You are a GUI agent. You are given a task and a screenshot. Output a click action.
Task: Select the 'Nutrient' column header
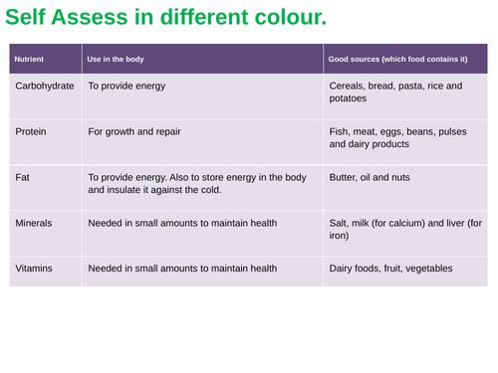pyautogui.click(x=28, y=60)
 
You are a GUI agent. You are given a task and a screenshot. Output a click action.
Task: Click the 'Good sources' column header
pyautogui.click(x=397, y=60)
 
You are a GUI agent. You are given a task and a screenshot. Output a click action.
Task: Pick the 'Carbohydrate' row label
pyautogui.click(x=45, y=87)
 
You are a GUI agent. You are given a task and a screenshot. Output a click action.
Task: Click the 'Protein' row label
pyautogui.click(x=32, y=131)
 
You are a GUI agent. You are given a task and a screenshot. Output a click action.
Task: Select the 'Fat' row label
pyautogui.click(x=22, y=177)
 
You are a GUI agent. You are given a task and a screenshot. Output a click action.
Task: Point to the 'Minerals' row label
pyautogui.click(x=34, y=223)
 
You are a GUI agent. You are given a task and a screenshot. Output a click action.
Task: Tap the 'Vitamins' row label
pyautogui.click(x=34, y=269)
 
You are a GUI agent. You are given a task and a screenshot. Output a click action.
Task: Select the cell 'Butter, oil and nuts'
pyautogui.click(x=369, y=177)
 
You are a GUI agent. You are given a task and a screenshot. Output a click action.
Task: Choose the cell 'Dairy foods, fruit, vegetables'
pyautogui.click(x=390, y=269)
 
